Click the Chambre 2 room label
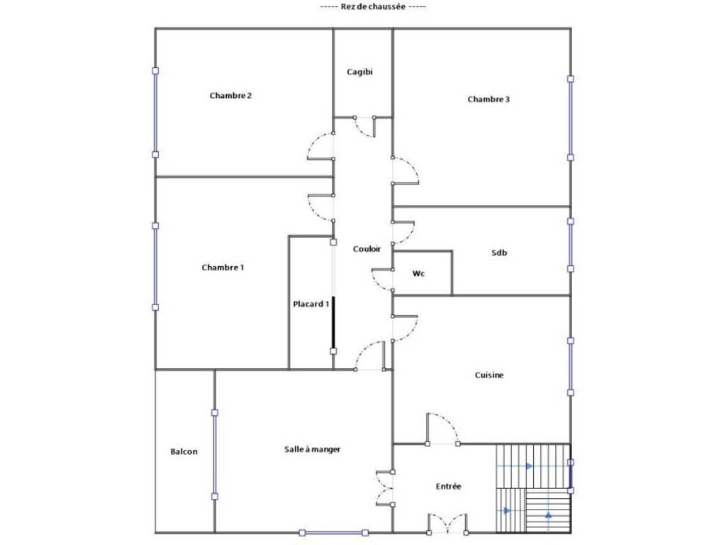coord(230,96)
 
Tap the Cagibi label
coord(359,72)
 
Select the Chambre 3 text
coord(488,99)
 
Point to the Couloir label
coord(367,249)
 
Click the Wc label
coord(418,273)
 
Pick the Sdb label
coord(499,253)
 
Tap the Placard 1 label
coord(311,304)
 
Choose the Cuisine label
coord(489,375)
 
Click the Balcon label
coord(184,451)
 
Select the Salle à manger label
coord(312,449)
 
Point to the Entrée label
coord(448,486)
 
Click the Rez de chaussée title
coord(373,6)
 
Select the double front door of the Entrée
coord(447,523)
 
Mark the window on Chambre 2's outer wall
coord(155,113)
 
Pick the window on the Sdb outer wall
coord(571,245)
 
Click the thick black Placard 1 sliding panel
coord(333,324)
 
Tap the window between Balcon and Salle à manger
coord(215,455)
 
